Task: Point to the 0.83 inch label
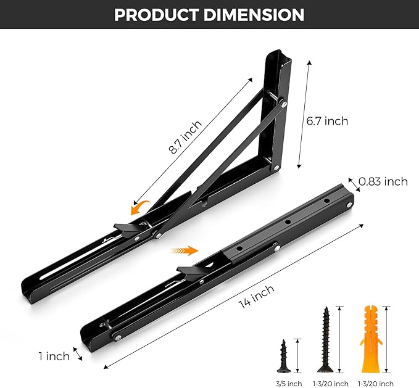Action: [x=383, y=181]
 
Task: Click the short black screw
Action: [x=284, y=355]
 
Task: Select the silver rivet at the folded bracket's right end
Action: [x=350, y=204]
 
